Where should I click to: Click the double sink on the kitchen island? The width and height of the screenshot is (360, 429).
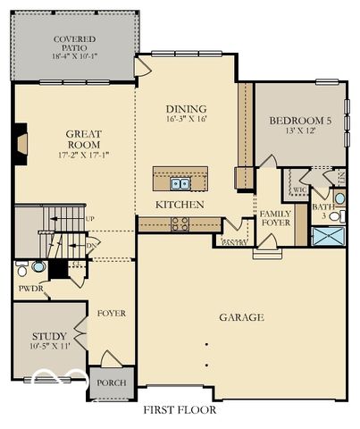(180, 184)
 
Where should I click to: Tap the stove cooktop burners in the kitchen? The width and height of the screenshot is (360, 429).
(179, 223)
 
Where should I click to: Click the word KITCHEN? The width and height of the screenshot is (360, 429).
(180, 205)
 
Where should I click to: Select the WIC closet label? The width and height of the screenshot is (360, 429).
(300, 189)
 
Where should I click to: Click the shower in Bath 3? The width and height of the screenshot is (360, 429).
(324, 236)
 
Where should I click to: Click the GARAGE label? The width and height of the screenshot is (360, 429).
(241, 317)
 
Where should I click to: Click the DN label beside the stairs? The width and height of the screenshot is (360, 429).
(89, 242)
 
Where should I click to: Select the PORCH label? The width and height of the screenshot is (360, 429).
(112, 383)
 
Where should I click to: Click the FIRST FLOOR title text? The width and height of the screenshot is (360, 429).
(180, 410)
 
